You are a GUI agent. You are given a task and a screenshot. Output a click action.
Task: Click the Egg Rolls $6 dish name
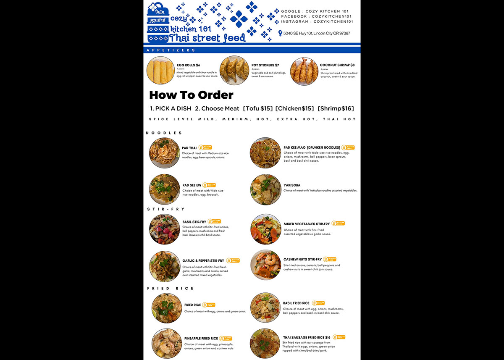(x=188, y=65)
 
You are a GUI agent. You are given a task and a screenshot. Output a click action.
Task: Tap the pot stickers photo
(x=234, y=71)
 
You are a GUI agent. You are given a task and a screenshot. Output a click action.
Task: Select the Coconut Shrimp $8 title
(x=337, y=65)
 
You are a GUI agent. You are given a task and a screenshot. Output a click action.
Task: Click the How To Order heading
(x=191, y=95)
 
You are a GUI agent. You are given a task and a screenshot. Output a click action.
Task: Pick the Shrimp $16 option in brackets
(x=336, y=108)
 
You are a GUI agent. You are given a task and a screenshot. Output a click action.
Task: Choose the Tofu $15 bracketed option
(x=257, y=108)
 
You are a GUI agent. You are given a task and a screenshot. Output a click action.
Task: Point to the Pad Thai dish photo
(x=164, y=153)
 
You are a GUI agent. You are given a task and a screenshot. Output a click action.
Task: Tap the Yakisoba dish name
(x=291, y=185)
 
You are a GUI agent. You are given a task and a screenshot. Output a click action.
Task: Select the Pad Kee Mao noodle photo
(x=265, y=153)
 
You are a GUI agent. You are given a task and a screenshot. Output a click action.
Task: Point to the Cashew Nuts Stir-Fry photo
(x=266, y=265)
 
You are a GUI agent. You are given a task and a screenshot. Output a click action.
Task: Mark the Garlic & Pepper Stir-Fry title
(x=203, y=261)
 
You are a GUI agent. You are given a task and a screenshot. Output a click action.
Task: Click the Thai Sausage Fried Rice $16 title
(x=307, y=337)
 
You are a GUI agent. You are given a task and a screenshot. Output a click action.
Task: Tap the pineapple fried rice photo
(x=167, y=344)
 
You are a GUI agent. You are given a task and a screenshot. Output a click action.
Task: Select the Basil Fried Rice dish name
(x=296, y=303)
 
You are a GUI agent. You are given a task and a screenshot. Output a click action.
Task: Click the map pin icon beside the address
(x=280, y=33)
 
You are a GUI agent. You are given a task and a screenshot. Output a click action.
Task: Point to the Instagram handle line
(x=317, y=21)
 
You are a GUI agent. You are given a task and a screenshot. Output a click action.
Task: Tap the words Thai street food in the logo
(x=207, y=38)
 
